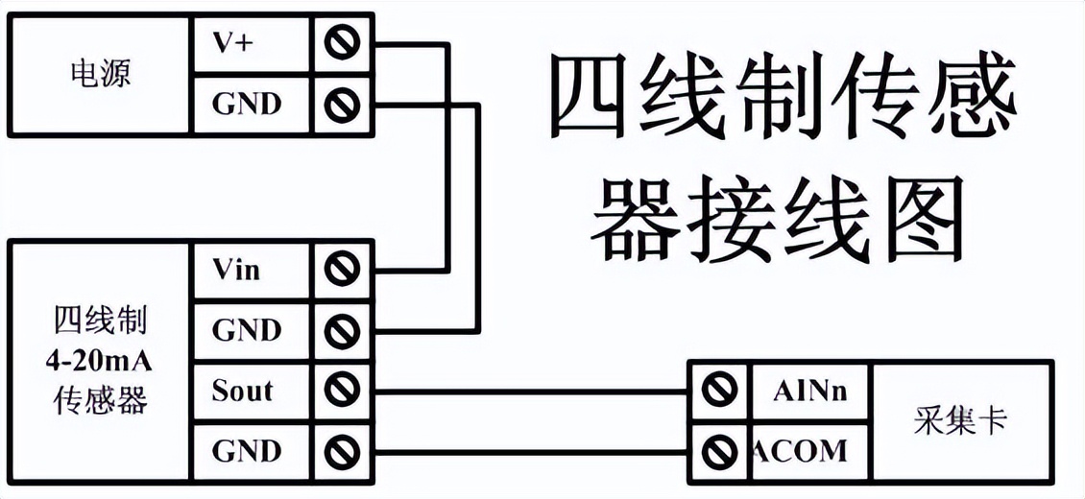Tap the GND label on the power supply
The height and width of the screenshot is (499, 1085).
tap(247, 103)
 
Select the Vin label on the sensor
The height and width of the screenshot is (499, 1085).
tap(236, 270)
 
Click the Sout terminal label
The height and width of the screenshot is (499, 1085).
tap(242, 391)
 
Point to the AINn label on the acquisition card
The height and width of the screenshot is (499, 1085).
tap(809, 391)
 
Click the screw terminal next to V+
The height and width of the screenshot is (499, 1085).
tap(342, 43)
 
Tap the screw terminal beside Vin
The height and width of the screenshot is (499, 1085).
tap(342, 270)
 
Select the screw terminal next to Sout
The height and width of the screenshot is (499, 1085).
tap(342, 391)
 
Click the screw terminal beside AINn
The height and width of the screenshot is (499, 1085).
tap(715, 391)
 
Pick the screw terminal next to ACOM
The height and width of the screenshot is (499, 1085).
tap(715, 450)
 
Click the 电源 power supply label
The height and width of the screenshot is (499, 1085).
tap(101, 73)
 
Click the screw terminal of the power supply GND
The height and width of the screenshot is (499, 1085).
tap(342, 103)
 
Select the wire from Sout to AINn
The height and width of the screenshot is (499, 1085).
tap(528, 392)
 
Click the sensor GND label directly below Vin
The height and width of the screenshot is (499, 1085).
tap(247, 330)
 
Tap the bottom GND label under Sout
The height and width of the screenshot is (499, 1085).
tap(247, 450)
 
